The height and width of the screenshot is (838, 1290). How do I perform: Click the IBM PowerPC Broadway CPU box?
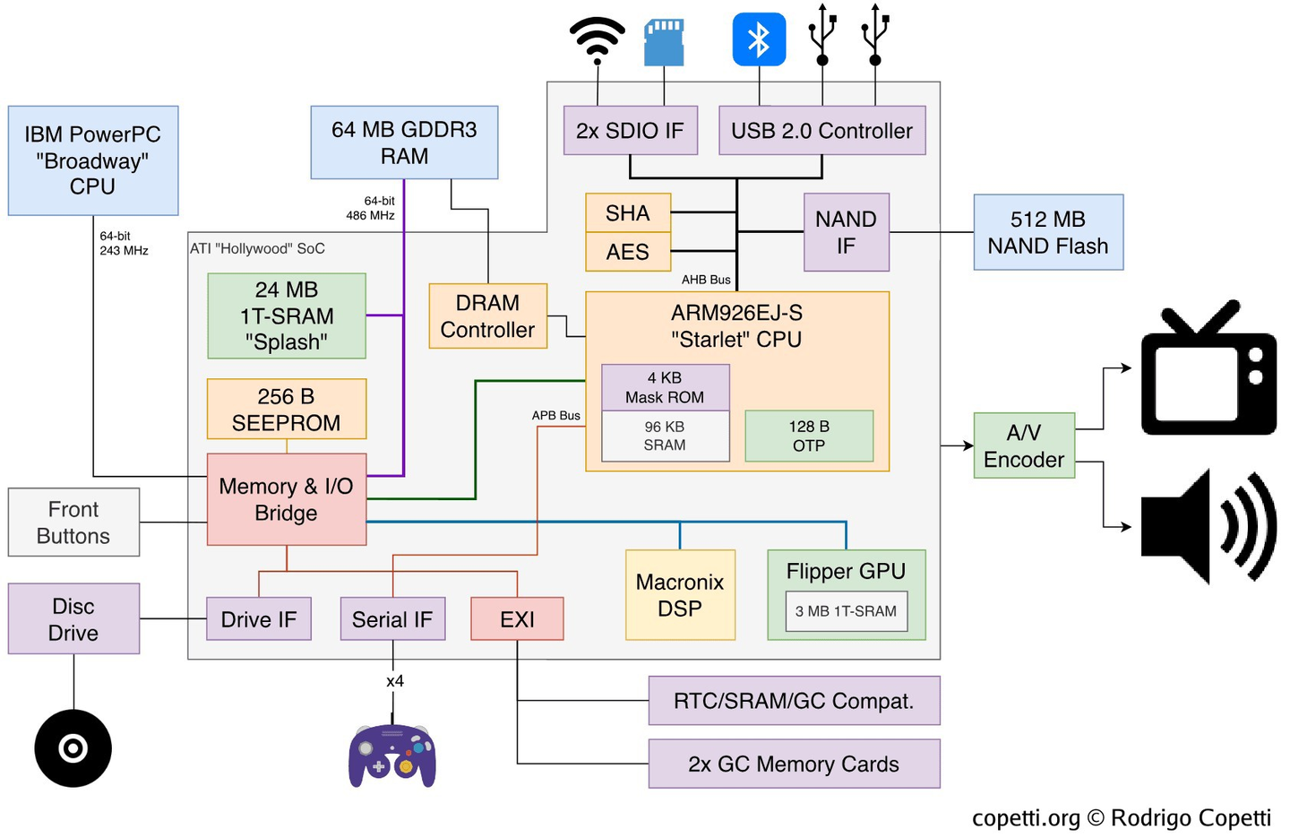(x=93, y=160)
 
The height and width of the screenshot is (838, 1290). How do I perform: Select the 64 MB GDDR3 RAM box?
(x=404, y=143)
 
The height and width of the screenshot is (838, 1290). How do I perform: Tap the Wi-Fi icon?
(x=597, y=39)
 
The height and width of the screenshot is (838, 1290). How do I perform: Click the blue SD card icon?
(x=664, y=42)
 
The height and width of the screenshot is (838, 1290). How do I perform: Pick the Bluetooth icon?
(x=759, y=39)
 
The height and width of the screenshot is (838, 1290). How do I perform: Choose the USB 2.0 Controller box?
(x=821, y=131)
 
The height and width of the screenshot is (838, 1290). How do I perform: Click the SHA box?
(x=627, y=213)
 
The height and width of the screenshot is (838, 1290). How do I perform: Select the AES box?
(x=627, y=252)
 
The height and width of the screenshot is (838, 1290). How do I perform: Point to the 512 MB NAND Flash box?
(x=1048, y=232)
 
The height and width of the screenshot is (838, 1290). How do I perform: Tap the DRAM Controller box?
(x=487, y=316)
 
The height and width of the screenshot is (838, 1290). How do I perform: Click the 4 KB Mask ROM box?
(x=665, y=387)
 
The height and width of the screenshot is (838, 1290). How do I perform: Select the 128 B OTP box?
(x=809, y=436)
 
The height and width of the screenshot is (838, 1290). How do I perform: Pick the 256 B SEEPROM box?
(x=287, y=410)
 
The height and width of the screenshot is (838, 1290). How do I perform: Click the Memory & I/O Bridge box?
(x=287, y=499)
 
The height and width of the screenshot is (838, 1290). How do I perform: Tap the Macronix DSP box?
(x=680, y=595)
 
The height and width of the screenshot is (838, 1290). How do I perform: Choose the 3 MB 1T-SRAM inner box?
(x=846, y=611)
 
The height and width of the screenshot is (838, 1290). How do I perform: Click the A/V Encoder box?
(x=1024, y=445)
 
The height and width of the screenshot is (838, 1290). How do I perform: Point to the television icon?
(x=1208, y=369)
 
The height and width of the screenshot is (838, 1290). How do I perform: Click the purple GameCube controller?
(x=392, y=756)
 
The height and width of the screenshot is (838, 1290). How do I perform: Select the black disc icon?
(x=73, y=748)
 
